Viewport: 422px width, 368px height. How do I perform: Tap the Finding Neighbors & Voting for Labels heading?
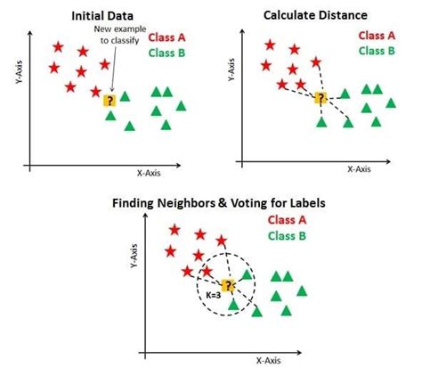click(x=211, y=203)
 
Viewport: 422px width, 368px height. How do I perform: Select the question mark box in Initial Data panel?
click(x=110, y=101)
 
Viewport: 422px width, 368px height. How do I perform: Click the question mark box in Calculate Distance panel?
click(x=321, y=97)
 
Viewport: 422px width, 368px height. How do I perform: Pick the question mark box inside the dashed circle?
click(x=228, y=285)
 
